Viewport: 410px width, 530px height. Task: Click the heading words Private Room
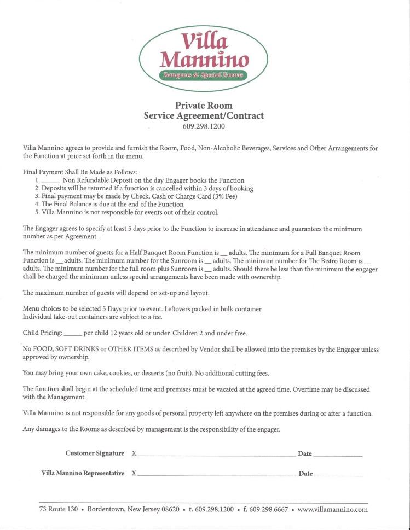(204, 105)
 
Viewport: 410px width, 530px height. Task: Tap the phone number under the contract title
(204, 126)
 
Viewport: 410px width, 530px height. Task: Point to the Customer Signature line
(216, 455)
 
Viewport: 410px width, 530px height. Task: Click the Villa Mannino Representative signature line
(216, 474)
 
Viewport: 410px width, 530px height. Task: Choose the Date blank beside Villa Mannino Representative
(338, 475)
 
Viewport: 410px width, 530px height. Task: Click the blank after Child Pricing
(72, 334)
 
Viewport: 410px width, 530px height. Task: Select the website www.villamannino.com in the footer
(332, 509)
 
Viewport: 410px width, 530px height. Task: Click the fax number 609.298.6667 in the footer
(269, 509)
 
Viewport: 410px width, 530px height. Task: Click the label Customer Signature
(95, 453)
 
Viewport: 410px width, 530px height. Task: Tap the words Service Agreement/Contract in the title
(204, 116)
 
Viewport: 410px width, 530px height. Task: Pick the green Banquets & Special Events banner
(204, 74)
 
